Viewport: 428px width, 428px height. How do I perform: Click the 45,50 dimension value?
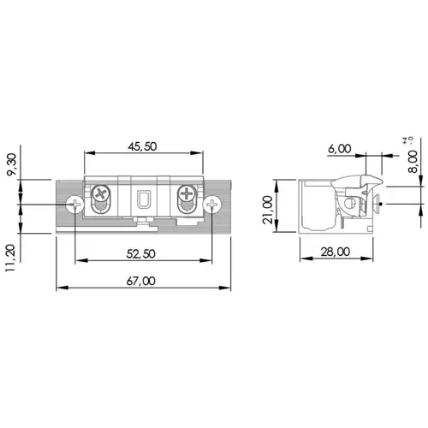(142, 146)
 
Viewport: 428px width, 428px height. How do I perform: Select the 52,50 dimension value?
(141, 253)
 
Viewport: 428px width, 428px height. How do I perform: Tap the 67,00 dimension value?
(141, 281)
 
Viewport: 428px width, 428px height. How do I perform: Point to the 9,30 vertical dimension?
(13, 164)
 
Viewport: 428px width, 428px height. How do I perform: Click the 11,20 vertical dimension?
(10, 258)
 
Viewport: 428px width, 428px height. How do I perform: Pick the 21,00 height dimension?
(268, 210)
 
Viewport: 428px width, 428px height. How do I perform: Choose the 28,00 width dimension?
(336, 252)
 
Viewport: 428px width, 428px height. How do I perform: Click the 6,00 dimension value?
(340, 149)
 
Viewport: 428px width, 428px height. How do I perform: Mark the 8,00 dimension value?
(413, 162)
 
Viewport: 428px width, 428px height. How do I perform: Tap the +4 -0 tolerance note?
(408, 140)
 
